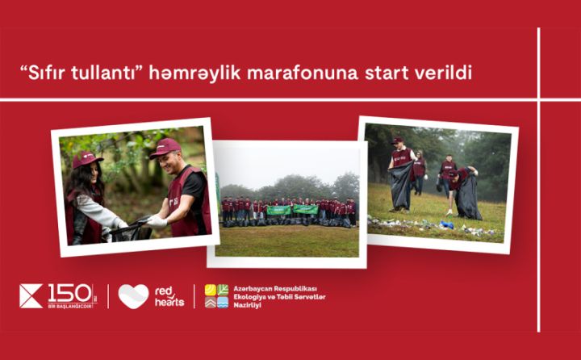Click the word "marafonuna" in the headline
click(x=310, y=73)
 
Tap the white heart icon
click(x=133, y=296)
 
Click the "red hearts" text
click(x=169, y=296)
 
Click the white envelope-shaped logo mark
click(x=31, y=296)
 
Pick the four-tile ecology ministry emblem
click(x=216, y=296)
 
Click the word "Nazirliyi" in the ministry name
click(x=249, y=308)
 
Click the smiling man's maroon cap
click(x=165, y=148)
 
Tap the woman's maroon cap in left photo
click(x=86, y=160)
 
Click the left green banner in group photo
click(x=278, y=210)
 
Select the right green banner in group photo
click(x=305, y=209)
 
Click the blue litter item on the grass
click(x=445, y=224)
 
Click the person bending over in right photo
click(x=465, y=190)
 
